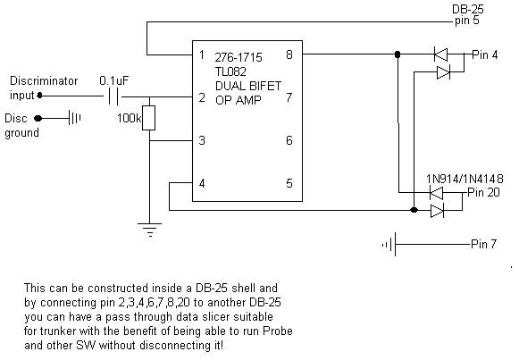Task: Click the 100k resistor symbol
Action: coord(148,118)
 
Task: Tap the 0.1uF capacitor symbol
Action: coord(113,96)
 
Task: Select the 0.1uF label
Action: coord(113,80)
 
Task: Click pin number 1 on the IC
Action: coord(202,54)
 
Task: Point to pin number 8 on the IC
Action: coord(289,54)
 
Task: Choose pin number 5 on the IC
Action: coord(289,183)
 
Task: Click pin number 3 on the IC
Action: coord(202,140)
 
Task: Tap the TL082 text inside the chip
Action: coord(230,71)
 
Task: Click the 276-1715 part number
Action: coord(239,57)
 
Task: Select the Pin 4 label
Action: coord(484,54)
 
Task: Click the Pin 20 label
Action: coord(483,192)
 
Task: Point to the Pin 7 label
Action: coord(483,244)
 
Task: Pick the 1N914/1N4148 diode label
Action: coord(465,179)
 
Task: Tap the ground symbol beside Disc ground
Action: coord(74,118)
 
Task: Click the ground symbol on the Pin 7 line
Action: coord(389,245)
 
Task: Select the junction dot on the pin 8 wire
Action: coord(398,54)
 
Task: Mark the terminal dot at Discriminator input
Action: coord(39,96)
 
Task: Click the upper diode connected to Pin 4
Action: coord(440,54)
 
